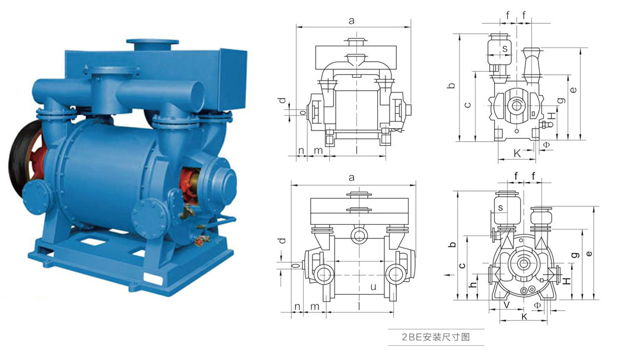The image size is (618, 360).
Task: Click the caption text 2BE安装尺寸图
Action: tap(436, 337)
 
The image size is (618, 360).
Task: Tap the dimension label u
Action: tap(373, 286)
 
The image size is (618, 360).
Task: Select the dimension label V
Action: tap(507, 304)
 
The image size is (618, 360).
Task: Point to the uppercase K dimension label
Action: tap(518, 153)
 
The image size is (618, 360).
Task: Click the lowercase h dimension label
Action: tap(473, 285)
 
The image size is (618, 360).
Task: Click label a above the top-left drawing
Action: tap(352, 21)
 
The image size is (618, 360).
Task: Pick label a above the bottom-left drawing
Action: tap(352, 177)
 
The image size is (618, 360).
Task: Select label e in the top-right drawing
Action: tap(574, 90)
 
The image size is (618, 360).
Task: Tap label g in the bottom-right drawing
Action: tap(575, 255)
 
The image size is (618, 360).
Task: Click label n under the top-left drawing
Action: tap(301, 150)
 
